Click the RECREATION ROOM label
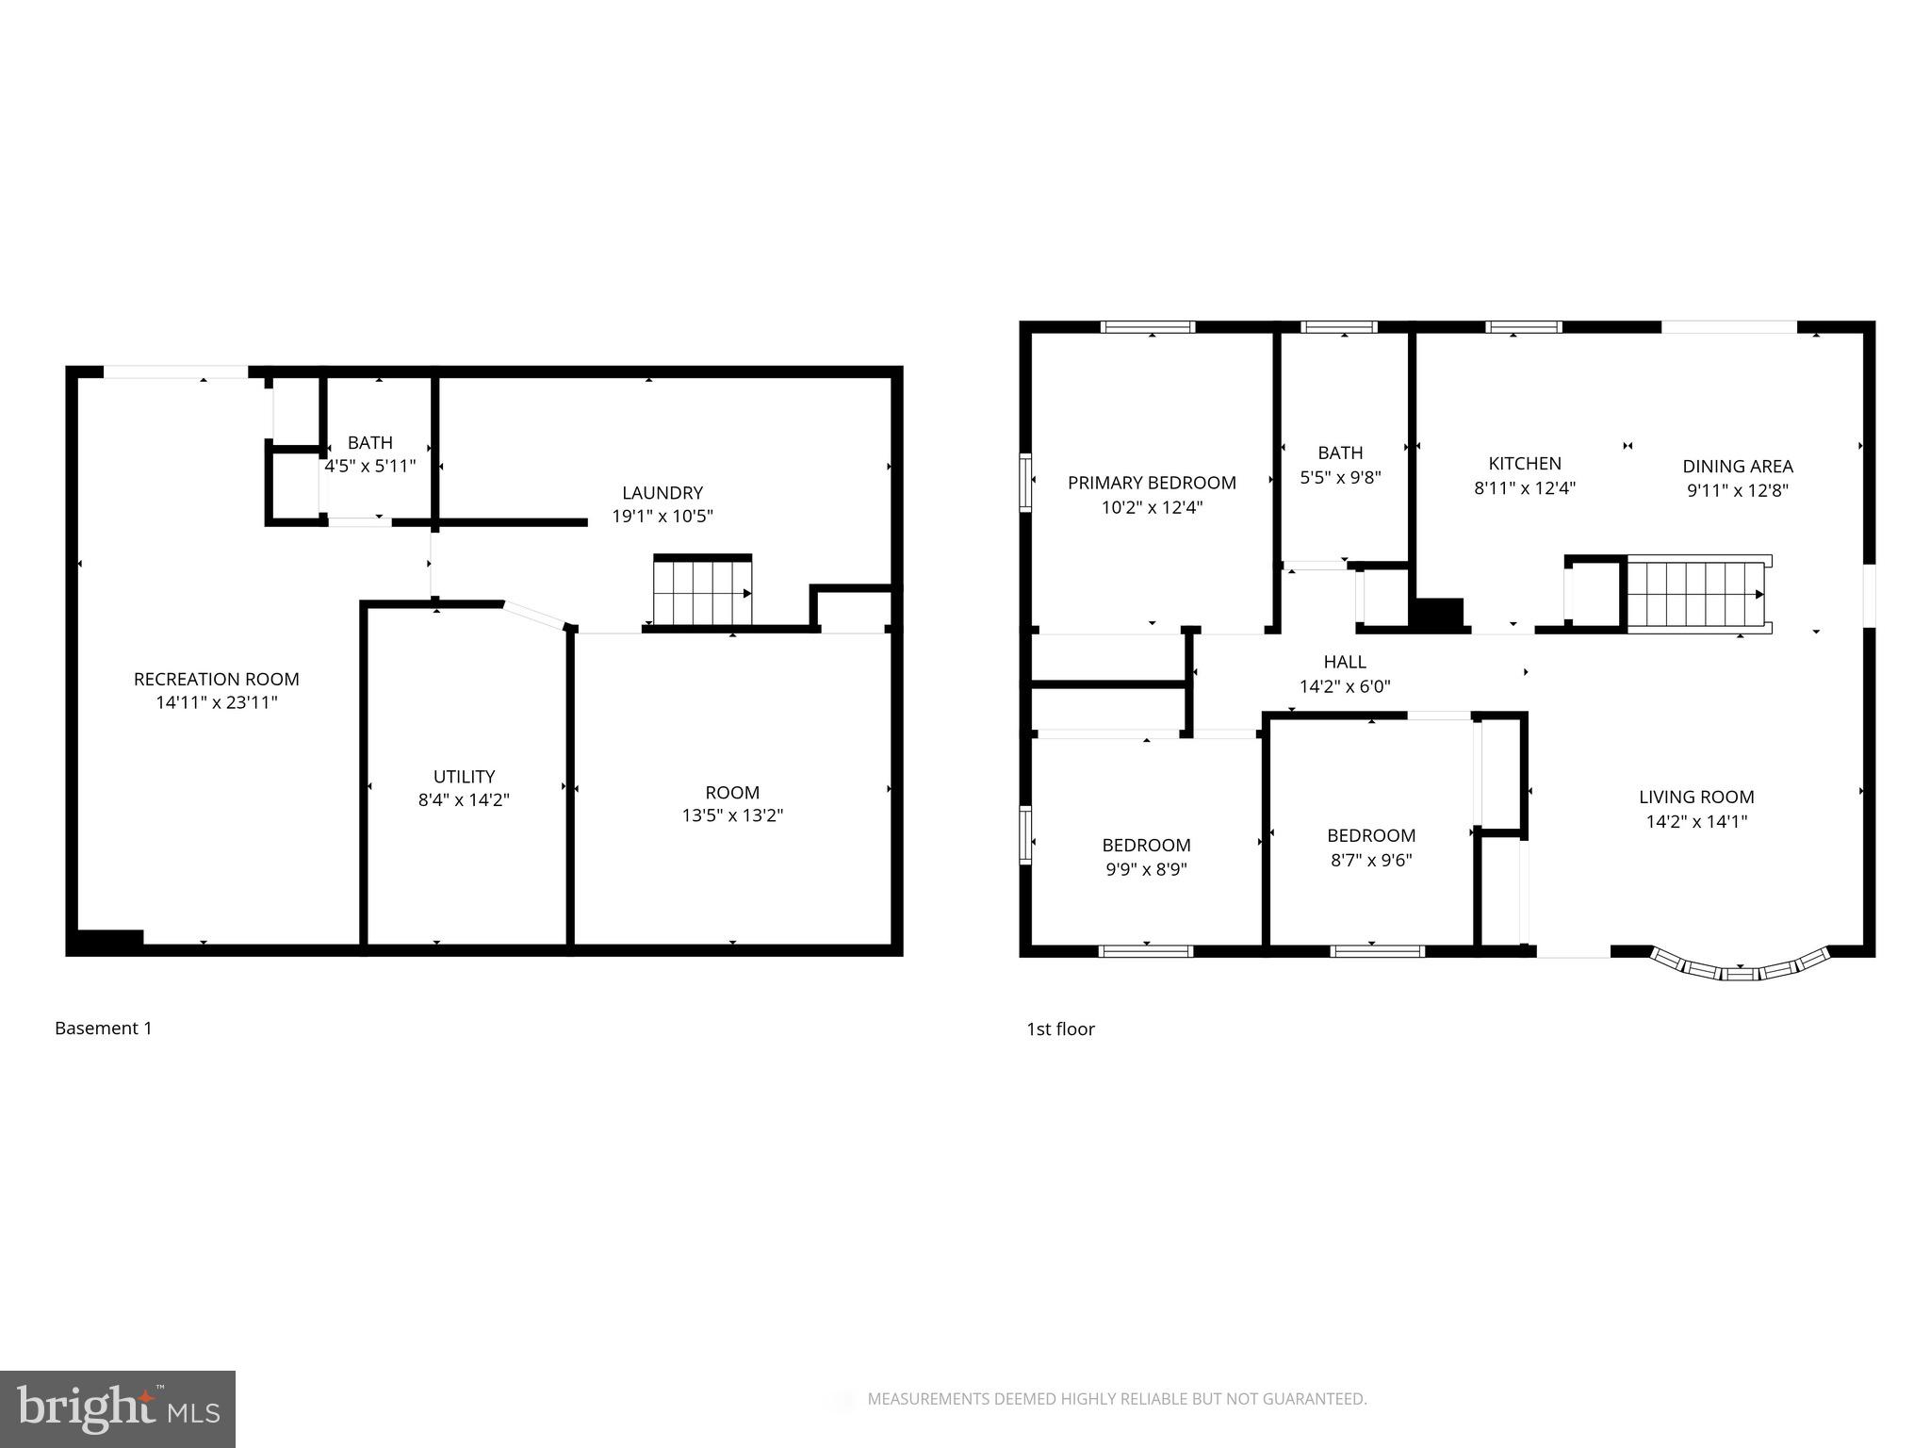click(216, 679)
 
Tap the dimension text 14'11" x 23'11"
click(216, 702)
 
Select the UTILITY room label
click(464, 777)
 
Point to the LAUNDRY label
click(662, 492)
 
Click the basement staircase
click(702, 591)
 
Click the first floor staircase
click(1696, 595)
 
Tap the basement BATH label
click(369, 442)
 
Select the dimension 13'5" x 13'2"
click(732, 815)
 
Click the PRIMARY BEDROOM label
click(1151, 483)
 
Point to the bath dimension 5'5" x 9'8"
click(1340, 477)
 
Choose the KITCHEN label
click(1524, 463)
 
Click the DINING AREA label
click(1737, 466)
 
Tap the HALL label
click(1344, 662)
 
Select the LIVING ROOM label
click(1695, 797)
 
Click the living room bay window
click(1740, 966)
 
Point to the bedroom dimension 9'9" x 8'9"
click(1146, 869)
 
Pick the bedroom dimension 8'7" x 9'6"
click(1370, 860)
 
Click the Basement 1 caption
click(103, 1028)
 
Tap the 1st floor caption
click(1060, 1029)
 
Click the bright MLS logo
click(117, 1408)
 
